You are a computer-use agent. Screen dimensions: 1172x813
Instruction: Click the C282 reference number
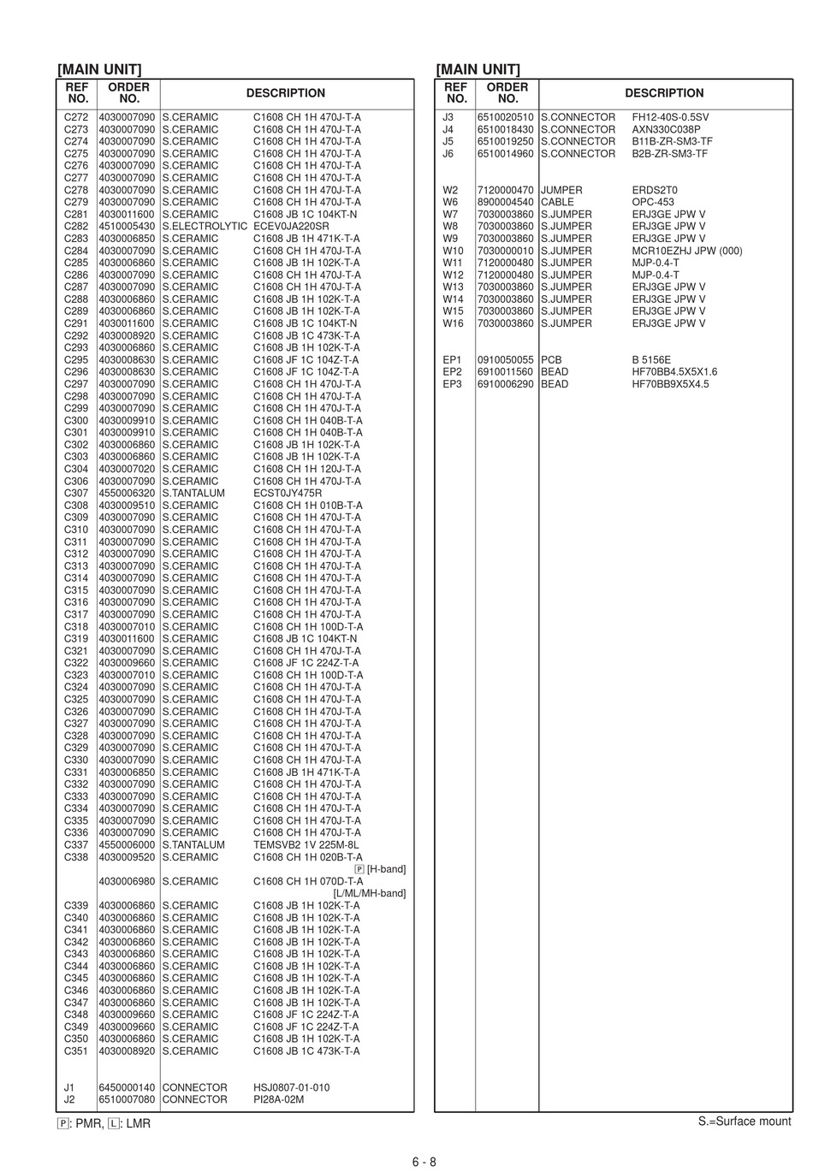click(x=76, y=227)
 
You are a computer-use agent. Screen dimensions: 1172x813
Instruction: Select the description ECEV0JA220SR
click(x=291, y=227)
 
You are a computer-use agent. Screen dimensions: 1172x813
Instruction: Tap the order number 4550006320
click(x=127, y=494)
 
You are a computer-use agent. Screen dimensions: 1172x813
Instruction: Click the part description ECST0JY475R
click(x=288, y=494)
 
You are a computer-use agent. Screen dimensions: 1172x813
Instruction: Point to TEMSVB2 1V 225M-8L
click(x=306, y=844)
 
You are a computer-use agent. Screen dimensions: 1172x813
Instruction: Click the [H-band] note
click(x=386, y=869)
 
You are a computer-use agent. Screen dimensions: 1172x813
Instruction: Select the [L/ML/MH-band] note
click(x=369, y=893)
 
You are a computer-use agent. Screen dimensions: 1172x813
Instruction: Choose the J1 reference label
click(x=69, y=1087)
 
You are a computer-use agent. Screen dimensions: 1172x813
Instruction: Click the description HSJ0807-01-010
click(x=291, y=1087)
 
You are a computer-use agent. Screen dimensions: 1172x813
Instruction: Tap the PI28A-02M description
click(x=279, y=1099)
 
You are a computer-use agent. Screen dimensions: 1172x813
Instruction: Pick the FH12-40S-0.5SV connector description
click(x=670, y=117)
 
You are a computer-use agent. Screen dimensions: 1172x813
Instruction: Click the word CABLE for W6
click(x=557, y=203)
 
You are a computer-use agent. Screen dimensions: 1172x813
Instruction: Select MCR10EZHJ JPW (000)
click(x=687, y=251)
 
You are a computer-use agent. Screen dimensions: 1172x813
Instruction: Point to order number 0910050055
click(x=505, y=360)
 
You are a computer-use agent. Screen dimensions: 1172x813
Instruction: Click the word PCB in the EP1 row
click(x=551, y=360)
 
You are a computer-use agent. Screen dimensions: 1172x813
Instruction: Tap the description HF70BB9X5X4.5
click(x=670, y=384)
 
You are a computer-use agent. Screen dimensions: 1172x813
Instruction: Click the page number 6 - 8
click(x=424, y=1162)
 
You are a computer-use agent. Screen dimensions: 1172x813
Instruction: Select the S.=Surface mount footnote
click(x=745, y=1122)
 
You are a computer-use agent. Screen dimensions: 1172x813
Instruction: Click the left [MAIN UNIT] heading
click(x=99, y=69)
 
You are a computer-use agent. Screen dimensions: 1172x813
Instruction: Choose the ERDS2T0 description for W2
click(x=655, y=190)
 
